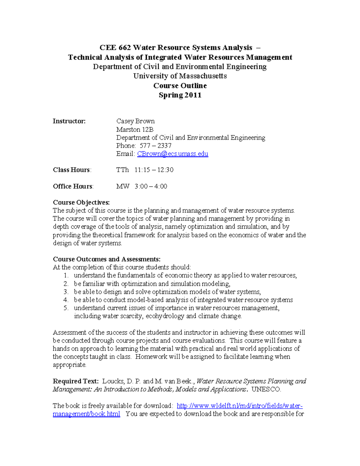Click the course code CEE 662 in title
click(x=115, y=48)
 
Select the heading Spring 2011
click(x=180, y=95)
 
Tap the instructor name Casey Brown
click(x=135, y=121)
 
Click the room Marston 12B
click(x=135, y=129)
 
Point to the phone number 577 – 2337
click(x=155, y=146)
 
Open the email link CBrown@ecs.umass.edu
click(x=172, y=154)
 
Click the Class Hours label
click(x=71, y=170)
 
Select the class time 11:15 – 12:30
click(x=154, y=170)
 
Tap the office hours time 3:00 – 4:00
click(x=151, y=186)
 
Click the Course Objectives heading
click(x=81, y=203)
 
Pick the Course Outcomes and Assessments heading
click(x=106, y=259)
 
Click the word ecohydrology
click(x=165, y=316)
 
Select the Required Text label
click(x=76, y=381)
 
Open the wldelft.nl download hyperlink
click(x=239, y=406)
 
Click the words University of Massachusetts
click(x=180, y=76)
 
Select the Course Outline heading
click(x=180, y=86)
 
